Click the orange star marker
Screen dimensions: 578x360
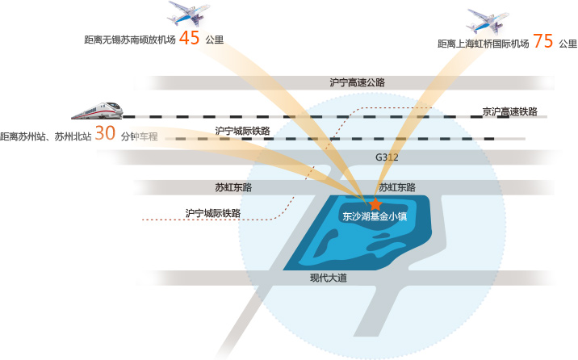coord(375,203)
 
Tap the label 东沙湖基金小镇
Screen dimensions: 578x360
coord(375,216)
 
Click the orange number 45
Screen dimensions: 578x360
coord(190,38)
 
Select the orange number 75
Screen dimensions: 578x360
coord(543,41)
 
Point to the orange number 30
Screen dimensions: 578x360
coord(106,133)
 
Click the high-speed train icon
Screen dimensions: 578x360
coord(98,111)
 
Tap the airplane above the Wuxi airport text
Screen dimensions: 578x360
coord(189,14)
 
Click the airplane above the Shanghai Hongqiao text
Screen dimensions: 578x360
coord(488,21)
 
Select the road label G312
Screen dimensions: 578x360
coord(387,157)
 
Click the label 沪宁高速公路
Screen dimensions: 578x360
coord(357,82)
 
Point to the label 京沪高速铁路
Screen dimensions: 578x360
coord(510,111)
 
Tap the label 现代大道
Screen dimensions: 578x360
coord(329,278)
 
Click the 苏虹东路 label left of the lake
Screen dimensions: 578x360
coord(233,187)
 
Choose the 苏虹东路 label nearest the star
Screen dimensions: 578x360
coord(397,187)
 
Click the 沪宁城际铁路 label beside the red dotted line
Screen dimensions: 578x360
coord(213,213)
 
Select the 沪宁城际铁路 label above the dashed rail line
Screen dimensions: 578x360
coord(242,131)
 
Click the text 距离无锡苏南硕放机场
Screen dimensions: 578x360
coord(130,40)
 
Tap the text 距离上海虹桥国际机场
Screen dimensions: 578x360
coord(484,44)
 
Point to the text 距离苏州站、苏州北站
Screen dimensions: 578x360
coord(46,136)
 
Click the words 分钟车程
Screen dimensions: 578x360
coord(140,136)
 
